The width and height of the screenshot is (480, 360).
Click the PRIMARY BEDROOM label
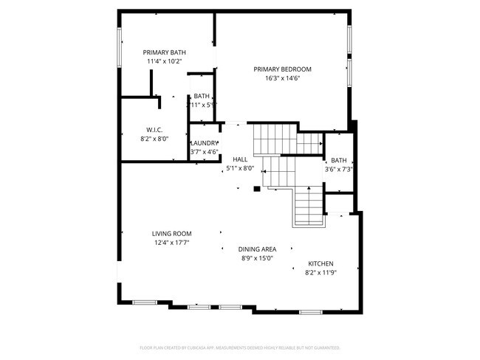[282, 69]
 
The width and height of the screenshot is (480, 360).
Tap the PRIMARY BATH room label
[164, 52]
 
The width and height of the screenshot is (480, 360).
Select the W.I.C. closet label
[154, 129]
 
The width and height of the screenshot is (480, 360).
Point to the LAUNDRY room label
[205, 143]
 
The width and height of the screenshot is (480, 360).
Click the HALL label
[240, 159]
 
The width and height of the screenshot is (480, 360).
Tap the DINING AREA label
[257, 249]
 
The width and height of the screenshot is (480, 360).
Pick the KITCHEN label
[320, 264]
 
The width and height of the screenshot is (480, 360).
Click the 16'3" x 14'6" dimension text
[282, 78]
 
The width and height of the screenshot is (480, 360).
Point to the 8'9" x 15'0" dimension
[257, 258]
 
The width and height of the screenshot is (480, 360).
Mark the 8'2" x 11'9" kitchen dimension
[320, 273]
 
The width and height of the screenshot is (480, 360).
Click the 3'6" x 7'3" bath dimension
[339, 170]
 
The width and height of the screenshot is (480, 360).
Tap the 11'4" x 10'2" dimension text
[164, 61]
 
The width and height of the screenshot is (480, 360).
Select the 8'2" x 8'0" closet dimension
[154, 138]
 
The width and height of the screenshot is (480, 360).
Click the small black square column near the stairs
[256, 189]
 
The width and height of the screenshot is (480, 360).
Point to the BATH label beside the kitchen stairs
[339, 161]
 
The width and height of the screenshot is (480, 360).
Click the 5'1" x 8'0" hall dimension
[240, 168]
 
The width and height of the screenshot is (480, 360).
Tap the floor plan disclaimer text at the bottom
[239, 347]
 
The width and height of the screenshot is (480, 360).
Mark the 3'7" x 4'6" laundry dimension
[205, 152]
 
